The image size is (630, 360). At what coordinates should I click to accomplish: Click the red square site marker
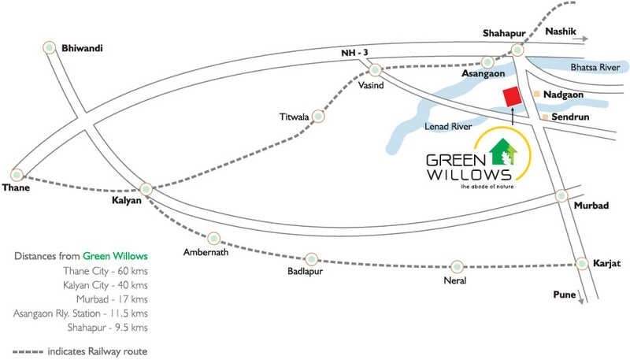[x=512, y=97]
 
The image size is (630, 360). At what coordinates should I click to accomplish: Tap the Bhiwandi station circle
[x=50, y=46]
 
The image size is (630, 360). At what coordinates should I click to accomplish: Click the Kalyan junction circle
[x=146, y=189]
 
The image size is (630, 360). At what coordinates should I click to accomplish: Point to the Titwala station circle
[x=318, y=117]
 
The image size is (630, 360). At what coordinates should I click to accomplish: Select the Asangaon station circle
[x=488, y=61]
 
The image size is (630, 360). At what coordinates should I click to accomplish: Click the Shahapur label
[x=505, y=32]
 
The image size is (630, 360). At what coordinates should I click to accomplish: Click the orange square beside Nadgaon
[x=536, y=95]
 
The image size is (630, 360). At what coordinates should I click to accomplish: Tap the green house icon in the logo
[x=502, y=149]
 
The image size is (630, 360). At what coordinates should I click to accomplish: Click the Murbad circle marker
[x=561, y=195]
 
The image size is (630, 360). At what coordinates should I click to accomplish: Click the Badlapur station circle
[x=311, y=258]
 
